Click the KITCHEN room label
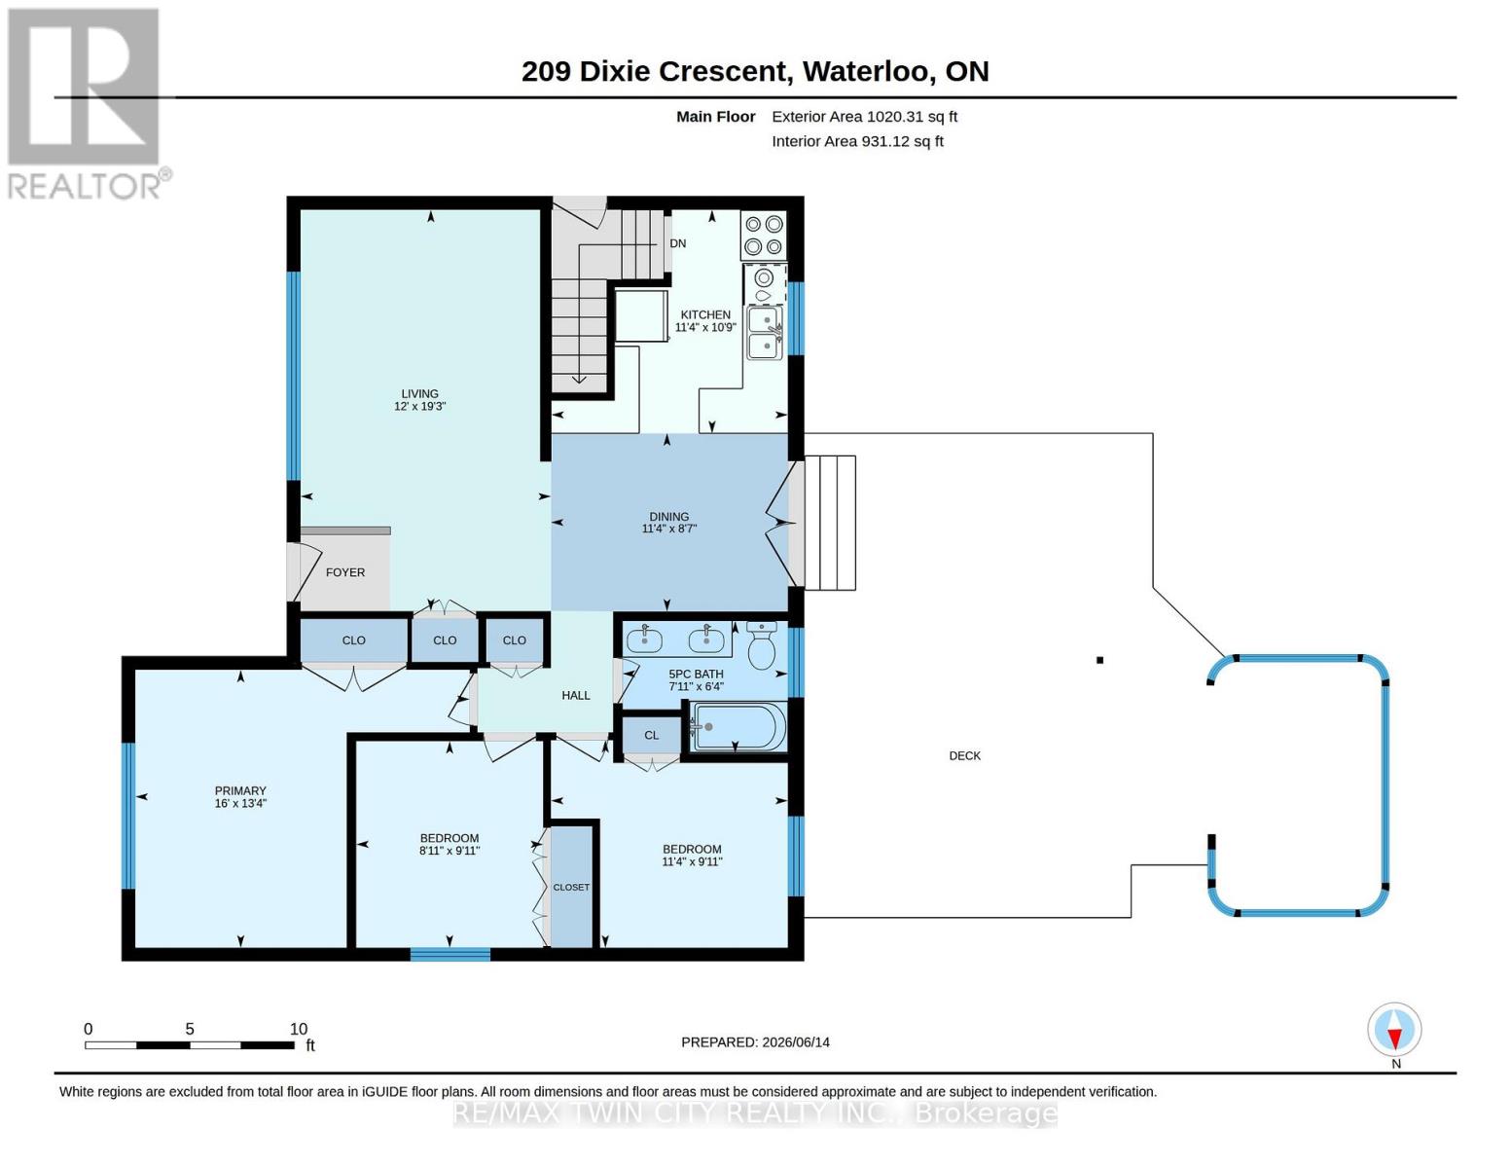pyautogui.click(x=705, y=314)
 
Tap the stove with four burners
pyautogui.click(x=764, y=236)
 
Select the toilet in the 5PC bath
pyautogui.click(x=762, y=644)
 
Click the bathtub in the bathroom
pyautogui.click(x=738, y=727)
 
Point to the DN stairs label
pyautogui.click(x=677, y=243)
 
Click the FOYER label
pyautogui.click(x=344, y=572)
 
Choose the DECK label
pyautogui.click(x=964, y=755)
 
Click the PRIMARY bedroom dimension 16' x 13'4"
pyautogui.click(x=240, y=803)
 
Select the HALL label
pyautogui.click(x=576, y=695)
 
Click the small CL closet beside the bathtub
pyautogui.click(x=651, y=735)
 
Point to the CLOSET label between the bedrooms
pyautogui.click(x=571, y=887)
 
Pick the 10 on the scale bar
pyautogui.click(x=299, y=1029)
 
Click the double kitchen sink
pyautogui.click(x=764, y=333)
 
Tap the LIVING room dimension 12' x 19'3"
pyautogui.click(x=419, y=406)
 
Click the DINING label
pyautogui.click(x=669, y=516)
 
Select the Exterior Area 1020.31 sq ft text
pyautogui.click(x=864, y=117)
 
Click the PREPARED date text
pyautogui.click(x=755, y=1042)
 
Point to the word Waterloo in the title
pyautogui.click(x=867, y=72)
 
